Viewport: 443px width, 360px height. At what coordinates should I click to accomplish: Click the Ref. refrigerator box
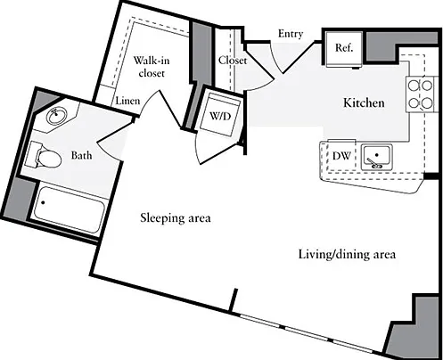coord(344,49)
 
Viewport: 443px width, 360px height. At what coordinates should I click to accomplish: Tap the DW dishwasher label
coord(341,156)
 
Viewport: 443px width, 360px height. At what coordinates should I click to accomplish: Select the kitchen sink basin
coord(377,157)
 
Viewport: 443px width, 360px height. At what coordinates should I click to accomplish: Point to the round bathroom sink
coord(56,116)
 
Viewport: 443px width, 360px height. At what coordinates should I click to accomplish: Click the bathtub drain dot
coord(43,203)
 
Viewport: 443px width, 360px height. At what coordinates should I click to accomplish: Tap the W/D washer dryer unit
coord(220,115)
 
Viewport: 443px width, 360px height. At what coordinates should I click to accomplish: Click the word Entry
coord(291,34)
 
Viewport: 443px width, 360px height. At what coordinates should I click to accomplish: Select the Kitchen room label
coord(364,102)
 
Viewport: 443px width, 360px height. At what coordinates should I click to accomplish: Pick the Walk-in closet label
coord(152,67)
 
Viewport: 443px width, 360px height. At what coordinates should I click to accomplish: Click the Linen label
coord(127,101)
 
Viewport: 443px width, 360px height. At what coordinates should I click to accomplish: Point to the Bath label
coord(81,155)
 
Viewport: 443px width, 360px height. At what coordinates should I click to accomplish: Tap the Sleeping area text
coord(176,217)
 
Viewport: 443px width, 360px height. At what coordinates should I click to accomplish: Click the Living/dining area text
coord(347,255)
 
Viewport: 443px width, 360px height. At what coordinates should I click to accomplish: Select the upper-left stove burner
coord(413,86)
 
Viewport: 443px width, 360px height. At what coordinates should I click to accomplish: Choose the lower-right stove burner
coord(427,103)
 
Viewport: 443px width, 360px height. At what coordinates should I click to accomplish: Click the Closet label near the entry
coord(233,61)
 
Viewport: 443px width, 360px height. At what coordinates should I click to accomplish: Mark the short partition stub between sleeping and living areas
coord(234,300)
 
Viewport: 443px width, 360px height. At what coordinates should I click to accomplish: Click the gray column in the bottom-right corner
coord(413,326)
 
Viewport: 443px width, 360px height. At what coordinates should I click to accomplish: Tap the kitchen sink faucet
coord(374,163)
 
